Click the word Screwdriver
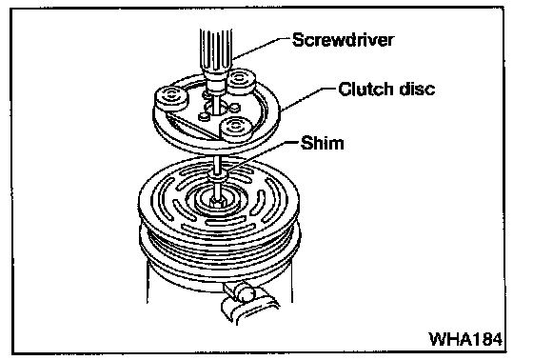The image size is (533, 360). click(343, 40)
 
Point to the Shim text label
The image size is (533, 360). click(323, 143)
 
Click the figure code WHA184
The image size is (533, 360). click(465, 338)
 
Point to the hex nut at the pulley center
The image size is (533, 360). click(217, 202)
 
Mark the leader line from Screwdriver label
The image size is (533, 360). click(262, 49)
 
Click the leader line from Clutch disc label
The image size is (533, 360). click(309, 99)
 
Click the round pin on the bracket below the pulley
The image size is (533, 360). click(247, 294)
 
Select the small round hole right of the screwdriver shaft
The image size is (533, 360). click(234, 108)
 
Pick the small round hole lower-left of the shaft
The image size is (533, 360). click(204, 117)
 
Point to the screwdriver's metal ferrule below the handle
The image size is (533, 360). click(215, 82)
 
